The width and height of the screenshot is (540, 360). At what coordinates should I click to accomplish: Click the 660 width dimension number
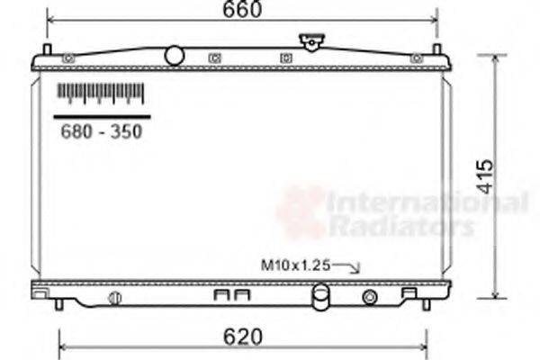click(x=241, y=11)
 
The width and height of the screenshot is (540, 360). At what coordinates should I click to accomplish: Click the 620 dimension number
click(x=241, y=337)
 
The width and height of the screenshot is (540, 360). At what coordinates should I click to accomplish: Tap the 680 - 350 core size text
click(x=101, y=131)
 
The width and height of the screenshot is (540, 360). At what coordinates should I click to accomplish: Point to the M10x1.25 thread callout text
click(x=296, y=265)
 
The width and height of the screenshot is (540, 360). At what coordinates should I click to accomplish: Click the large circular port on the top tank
click(x=175, y=56)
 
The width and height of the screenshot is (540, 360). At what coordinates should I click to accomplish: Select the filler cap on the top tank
click(x=311, y=42)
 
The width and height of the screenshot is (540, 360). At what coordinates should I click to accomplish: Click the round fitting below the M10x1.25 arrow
click(x=370, y=297)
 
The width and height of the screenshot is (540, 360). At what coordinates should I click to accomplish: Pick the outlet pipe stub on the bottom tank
click(x=320, y=297)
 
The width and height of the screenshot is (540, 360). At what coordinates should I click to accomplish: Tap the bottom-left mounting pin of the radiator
click(x=58, y=304)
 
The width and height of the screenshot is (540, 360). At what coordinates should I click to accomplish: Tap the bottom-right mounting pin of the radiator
click(x=426, y=304)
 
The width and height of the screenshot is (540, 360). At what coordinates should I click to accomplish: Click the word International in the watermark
click(x=427, y=202)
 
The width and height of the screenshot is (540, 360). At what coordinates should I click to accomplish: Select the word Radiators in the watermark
click(x=401, y=226)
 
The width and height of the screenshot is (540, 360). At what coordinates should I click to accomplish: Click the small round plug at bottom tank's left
click(x=114, y=297)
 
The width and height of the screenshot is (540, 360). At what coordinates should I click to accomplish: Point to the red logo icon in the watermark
click(x=300, y=212)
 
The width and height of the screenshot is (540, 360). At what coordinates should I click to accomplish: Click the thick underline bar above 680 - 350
click(x=101, y=116)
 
